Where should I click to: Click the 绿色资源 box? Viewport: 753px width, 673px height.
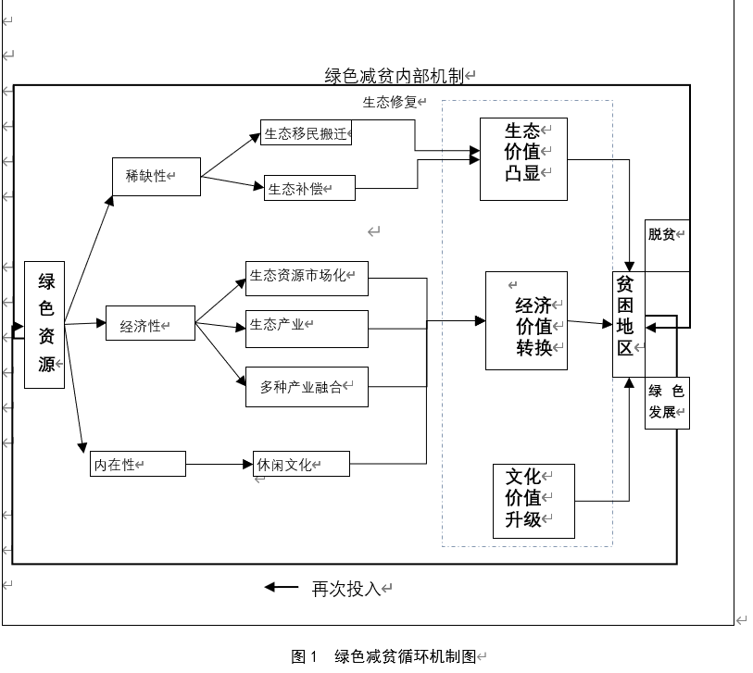point(45,324)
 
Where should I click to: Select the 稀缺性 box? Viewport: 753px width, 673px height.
point(156,176)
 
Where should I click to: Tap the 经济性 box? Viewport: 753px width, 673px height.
point(150,324)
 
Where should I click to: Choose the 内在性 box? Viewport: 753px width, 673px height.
point(138,464)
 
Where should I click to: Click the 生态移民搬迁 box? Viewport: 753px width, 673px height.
point(307,133)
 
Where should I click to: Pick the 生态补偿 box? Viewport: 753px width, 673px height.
point(309,188)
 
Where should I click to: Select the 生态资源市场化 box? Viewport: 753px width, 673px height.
point(307,276)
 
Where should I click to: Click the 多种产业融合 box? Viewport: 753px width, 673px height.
point(307,387)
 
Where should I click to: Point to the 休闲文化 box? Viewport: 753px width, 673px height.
point(302,464)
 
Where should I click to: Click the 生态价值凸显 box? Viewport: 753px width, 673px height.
point(523,158)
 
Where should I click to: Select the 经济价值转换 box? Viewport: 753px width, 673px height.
point(526,320)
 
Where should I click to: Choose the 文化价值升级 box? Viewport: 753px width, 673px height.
point(533,501)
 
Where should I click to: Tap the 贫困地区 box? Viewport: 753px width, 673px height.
point(628,325)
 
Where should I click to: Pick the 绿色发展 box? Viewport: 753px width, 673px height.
point(667,403)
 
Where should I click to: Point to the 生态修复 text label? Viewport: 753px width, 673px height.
point(390,102)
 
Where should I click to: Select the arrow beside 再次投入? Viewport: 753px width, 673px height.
point(282,587)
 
